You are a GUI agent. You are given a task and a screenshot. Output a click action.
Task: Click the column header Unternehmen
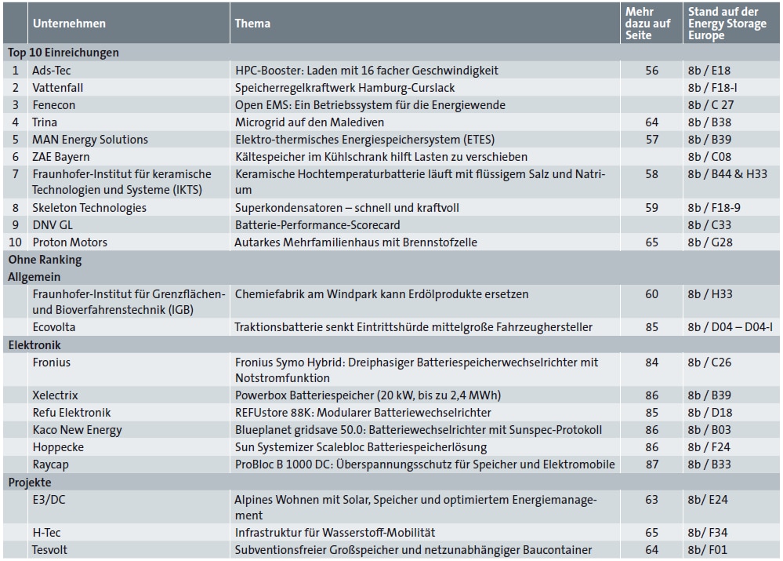click(x=69, y=24)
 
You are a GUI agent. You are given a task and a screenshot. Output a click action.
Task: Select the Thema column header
click(x=252, y=24)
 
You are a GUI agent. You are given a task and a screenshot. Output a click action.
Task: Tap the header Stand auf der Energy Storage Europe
click(x=727, y=24)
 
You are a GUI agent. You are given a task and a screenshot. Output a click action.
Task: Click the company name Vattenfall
click(x=57, y=88)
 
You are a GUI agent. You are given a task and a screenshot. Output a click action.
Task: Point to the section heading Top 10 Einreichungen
click(x=63, y=53)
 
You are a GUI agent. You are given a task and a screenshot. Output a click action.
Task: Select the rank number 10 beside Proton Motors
click(x=15, y=242)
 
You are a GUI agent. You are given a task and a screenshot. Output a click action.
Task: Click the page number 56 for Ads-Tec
click(x=651, y=71)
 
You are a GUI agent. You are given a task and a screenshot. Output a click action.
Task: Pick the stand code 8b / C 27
click(x=711, y=105)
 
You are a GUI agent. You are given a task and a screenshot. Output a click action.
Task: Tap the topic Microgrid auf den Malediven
click(x=310, y=122)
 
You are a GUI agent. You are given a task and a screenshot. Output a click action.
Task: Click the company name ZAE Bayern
click(x=61, y=157)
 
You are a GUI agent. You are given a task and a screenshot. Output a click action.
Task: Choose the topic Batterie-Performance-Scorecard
click(x=317, y=225)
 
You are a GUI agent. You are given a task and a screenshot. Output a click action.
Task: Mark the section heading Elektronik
click(x=34, y=345)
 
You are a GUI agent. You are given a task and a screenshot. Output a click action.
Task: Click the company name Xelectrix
click(x=55, y=395)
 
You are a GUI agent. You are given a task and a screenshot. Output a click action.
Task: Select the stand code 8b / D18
click(x=709, y=413)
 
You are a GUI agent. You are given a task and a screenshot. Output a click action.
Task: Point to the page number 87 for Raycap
click(x=651, y=464)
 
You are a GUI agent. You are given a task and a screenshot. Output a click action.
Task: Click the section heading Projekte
click(x=30, y=483)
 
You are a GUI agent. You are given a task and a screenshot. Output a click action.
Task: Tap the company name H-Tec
click(x=46, y=533)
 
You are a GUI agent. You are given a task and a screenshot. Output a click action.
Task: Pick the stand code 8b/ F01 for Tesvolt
click(x=707, y=550)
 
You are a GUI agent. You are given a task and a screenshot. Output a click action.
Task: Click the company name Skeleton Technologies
click(x=89, y=208)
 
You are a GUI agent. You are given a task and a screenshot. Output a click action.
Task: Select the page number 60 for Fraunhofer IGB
click(x=651, y=294)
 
